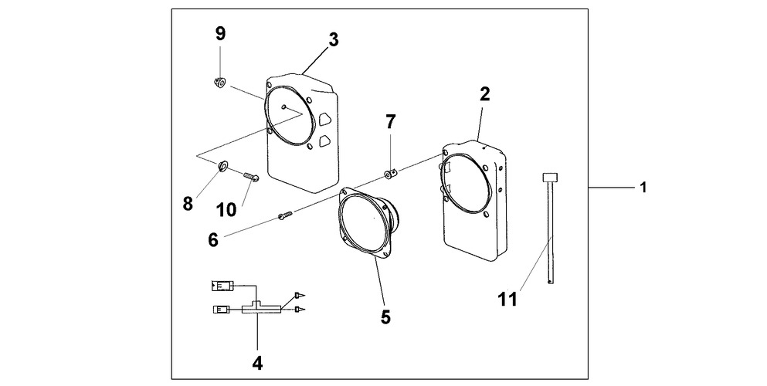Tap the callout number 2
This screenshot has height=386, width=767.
coord(484,95)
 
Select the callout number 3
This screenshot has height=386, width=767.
coord(333,41)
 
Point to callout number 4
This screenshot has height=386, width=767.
coord(257,361)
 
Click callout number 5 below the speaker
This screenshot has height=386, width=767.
coord(385,317)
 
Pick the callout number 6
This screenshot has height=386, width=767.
coord(212,239)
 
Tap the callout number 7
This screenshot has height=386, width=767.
coord(391,121)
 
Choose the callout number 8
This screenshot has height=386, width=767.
coord(188,205)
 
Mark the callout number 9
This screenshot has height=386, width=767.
coord(220,33)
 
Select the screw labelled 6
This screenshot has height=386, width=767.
coord(283,218)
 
